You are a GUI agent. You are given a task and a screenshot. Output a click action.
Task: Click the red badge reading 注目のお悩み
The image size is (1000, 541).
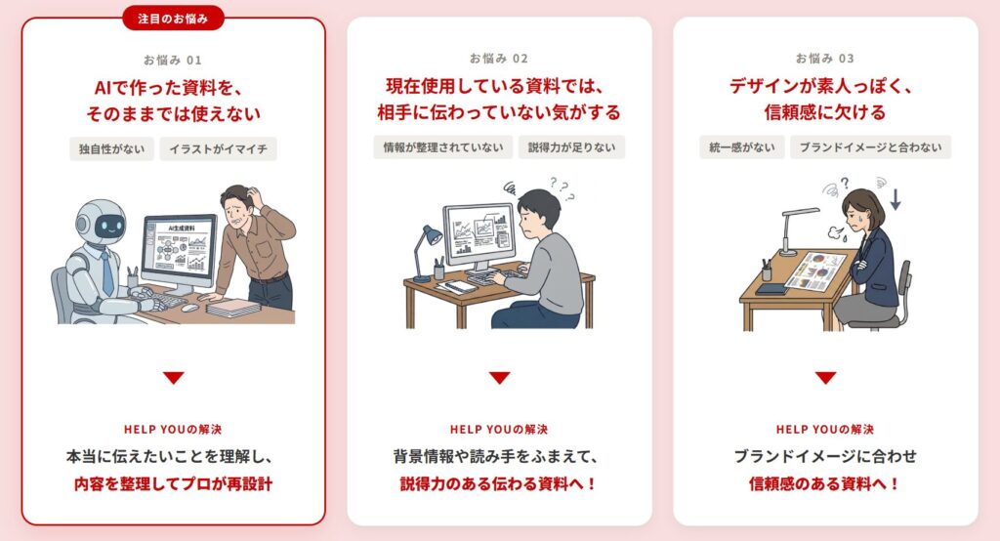point(173,19)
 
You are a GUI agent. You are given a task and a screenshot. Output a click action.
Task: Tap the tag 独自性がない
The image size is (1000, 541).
point(111,149)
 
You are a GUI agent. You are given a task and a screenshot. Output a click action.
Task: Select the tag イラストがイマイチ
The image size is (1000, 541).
point(218,149)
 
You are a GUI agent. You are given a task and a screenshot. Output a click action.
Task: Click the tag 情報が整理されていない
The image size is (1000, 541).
point(443,147)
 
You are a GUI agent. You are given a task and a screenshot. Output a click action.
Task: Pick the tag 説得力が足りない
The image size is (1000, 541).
point(571,147)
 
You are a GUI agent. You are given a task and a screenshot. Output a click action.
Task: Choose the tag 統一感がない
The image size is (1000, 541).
point(742,147)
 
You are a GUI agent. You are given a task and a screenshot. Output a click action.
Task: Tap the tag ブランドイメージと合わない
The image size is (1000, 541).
point(870,147)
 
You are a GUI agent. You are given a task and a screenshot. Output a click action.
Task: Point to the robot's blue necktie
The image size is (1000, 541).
point(107,272)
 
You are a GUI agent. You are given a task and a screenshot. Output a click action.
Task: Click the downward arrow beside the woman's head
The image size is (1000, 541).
point(896,199)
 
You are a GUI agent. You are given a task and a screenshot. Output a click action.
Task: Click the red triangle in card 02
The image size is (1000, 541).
point(499,378)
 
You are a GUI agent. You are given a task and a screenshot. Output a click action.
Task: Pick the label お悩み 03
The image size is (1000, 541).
point(824,59)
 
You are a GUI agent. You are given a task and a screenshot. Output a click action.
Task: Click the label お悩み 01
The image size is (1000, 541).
point(172,60)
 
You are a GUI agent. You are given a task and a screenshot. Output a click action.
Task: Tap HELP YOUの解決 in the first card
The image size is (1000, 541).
point(173,430)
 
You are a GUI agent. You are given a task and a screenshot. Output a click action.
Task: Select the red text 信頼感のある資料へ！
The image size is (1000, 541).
point(824,483)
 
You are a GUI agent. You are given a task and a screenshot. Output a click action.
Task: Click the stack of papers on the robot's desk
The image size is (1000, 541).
point(232,309)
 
